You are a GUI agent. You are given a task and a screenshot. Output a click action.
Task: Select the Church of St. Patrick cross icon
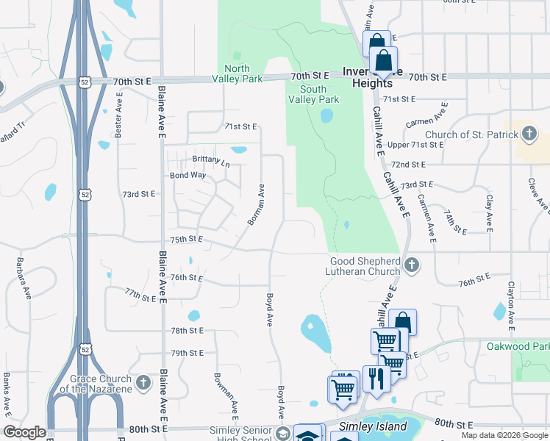pos(529,134)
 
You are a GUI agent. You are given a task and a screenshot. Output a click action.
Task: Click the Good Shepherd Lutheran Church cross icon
pos(412,265)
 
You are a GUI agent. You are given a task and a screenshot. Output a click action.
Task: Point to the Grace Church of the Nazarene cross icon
pos(143,383)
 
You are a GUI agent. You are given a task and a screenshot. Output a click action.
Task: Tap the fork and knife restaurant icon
pos(376,379)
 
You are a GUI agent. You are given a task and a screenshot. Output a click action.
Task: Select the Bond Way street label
pos(188,176)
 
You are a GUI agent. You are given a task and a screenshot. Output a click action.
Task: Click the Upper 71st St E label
pos(415,145)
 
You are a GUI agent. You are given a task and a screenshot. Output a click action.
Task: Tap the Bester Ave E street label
pos(118,113)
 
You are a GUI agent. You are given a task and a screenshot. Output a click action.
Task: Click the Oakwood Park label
pos(518,345)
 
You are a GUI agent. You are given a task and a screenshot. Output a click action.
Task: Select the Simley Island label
pos(372,426)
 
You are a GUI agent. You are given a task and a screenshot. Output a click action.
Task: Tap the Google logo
pos(24,432)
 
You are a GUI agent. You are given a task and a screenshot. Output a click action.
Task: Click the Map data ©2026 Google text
pos(504,435)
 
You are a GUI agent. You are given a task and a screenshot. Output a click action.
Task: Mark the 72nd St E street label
pos(409,164)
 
